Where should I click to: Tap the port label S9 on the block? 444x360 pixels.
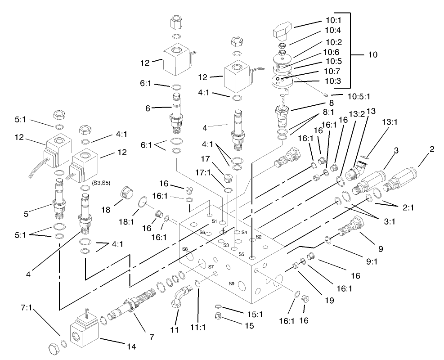(x=231, y=283)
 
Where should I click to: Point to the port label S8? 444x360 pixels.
(x=185, y=249)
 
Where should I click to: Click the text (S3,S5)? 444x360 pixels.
(x=101, y=183)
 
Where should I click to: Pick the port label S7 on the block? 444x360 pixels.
(x=210, y=267)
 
